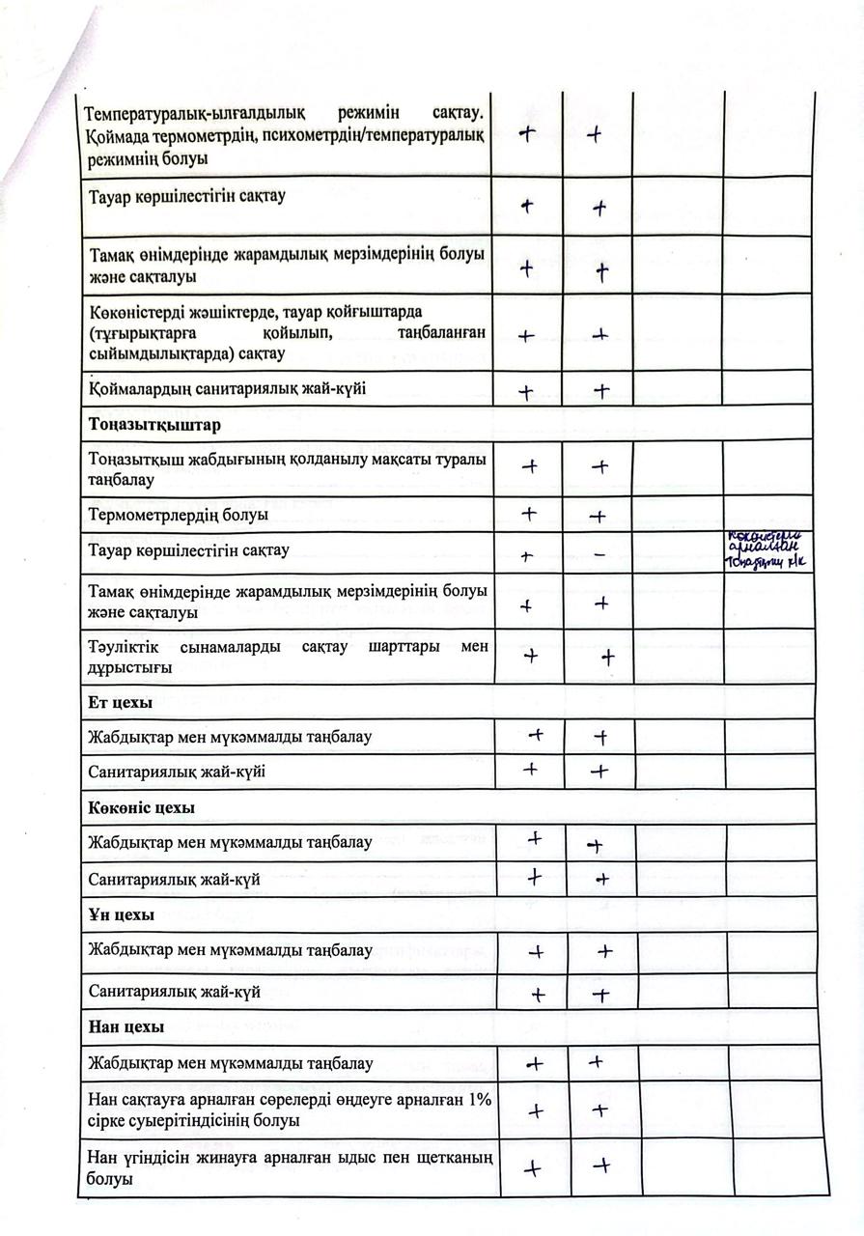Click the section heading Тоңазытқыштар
tap(153, 425)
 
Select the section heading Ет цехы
tap(121, 702)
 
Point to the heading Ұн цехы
tap(121, 915)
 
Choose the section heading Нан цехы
tap(125, 1026)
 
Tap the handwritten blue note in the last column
tap(768, 551)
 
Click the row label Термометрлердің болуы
tap(178, 515)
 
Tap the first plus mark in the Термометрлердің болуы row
tap(529, 514)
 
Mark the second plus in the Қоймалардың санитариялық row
tap(601, 391)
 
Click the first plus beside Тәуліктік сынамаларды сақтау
tap(530, 655)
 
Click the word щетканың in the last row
tap(447, 1158)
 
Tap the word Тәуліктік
tap(125, 646)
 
